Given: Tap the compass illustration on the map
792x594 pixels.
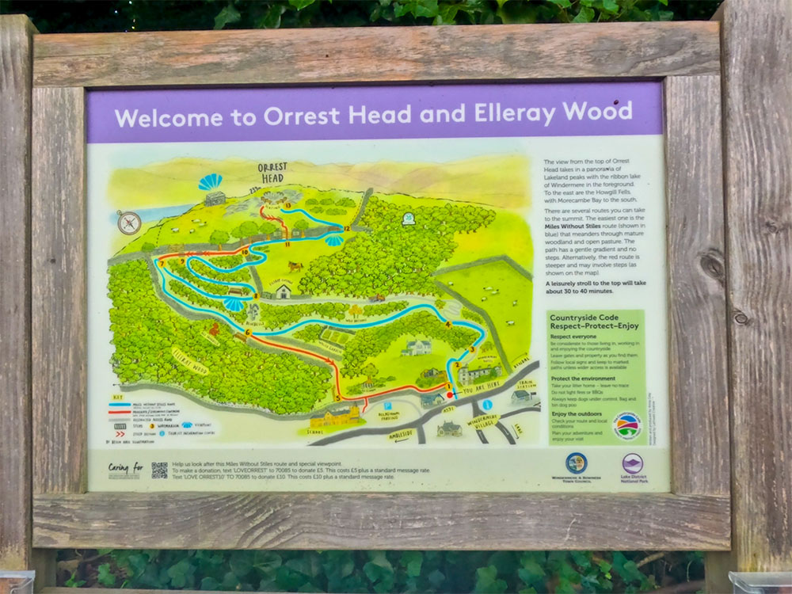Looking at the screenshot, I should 129,223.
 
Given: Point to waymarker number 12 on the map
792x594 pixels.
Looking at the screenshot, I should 346,228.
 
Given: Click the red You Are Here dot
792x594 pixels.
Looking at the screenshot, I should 451,394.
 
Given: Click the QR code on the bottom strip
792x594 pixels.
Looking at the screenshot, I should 159,470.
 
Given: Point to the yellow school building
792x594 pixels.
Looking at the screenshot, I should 333,417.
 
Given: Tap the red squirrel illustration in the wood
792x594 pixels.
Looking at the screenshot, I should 212,329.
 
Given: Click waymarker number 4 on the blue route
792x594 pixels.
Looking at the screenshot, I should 449,324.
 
